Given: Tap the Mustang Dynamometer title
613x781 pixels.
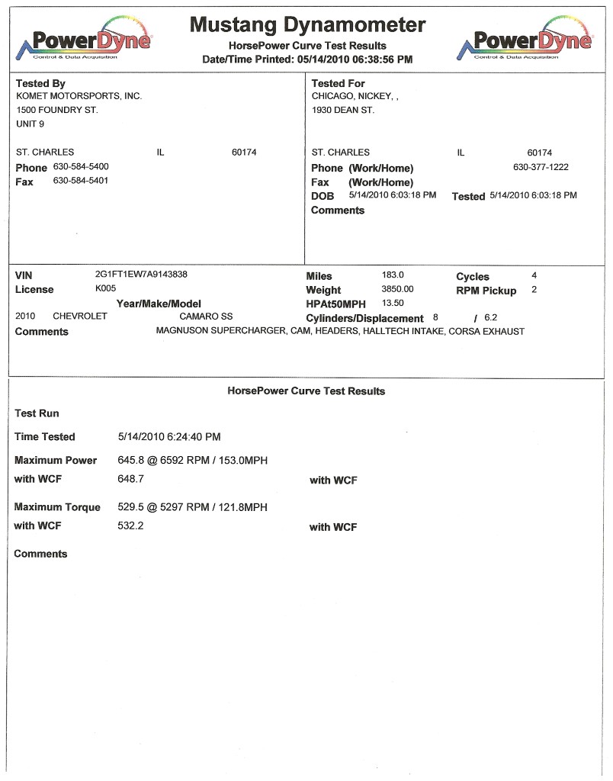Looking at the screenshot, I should pos(307,24).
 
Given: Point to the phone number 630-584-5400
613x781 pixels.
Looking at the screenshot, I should pos(81,166).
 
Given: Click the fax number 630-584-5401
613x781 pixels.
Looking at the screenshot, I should pos(81,181).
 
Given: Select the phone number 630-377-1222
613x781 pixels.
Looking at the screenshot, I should pos(541,166).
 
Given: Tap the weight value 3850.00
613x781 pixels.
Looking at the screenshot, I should pos(397,289).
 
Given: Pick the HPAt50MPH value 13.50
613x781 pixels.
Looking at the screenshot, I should pos(392,303).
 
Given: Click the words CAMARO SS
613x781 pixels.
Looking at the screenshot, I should pos(206,316).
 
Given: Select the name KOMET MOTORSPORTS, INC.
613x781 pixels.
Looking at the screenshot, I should pos(79,96).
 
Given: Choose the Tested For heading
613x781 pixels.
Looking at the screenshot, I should pos(338,83).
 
